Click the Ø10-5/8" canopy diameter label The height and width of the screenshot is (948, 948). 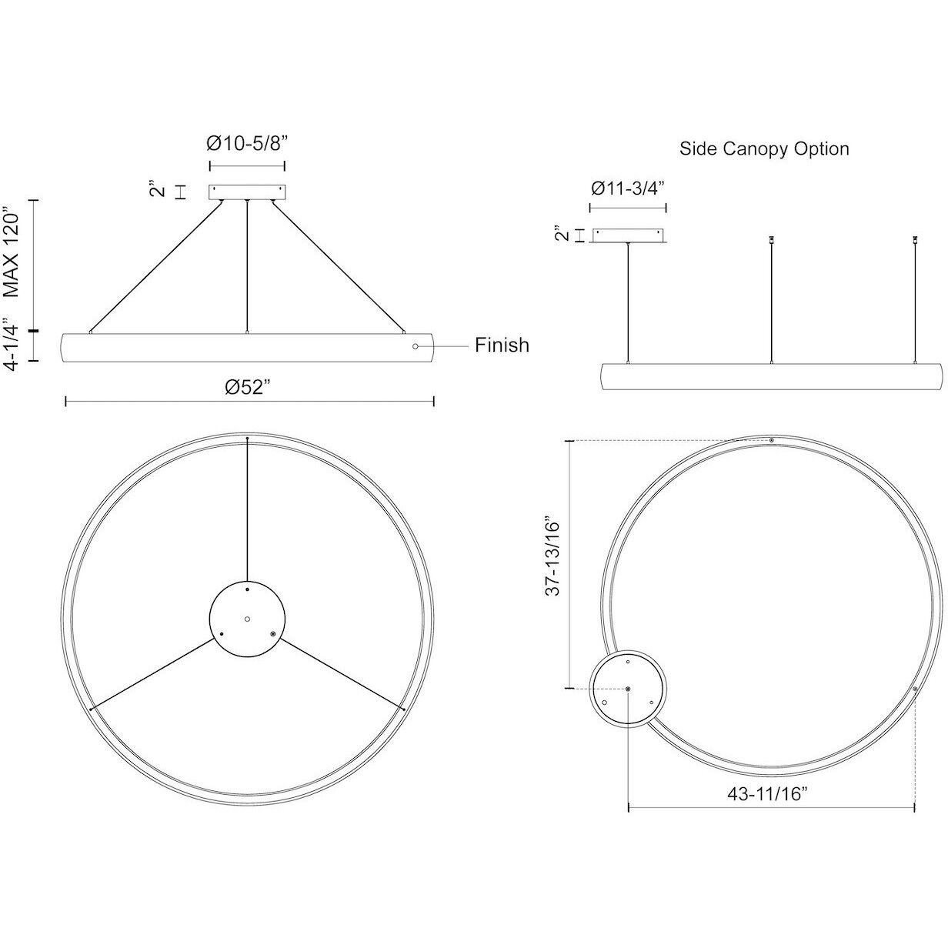click(247, 143)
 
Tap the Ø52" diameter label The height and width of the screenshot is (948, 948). click(249, 387)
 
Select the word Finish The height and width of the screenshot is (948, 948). click(502, 345)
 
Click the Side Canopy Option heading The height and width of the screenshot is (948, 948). click(764, 149)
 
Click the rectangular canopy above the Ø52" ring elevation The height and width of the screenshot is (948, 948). click(247, 192)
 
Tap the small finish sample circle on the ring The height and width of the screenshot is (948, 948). click(416, 347)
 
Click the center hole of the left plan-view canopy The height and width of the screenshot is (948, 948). click(247, 618)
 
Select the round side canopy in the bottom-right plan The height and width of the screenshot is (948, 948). click(629, 688)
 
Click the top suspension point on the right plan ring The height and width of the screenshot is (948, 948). click(771, 441)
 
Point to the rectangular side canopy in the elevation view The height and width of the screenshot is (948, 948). click(629, 235)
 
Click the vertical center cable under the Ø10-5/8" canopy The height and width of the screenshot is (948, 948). click(246, 265)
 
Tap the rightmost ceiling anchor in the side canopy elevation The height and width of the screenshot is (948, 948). click(915, 241)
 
